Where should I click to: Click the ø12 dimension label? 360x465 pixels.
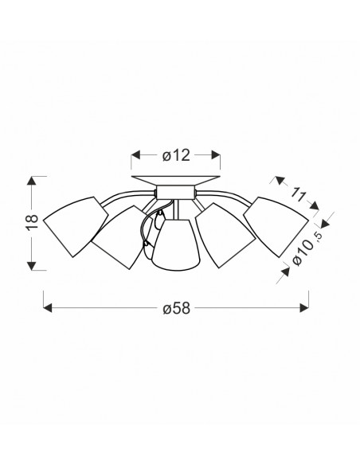click(176, 155)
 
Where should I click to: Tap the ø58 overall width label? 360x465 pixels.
click(176, 308)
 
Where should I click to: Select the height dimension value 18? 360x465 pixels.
click(33, 221)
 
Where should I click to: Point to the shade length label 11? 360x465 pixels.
click(298, 195)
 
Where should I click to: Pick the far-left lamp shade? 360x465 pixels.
click(76, 226)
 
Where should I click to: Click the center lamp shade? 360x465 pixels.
click(176, 244)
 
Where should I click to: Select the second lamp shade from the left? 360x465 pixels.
click(122, 237)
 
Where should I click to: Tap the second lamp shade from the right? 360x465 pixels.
click(225, 236)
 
